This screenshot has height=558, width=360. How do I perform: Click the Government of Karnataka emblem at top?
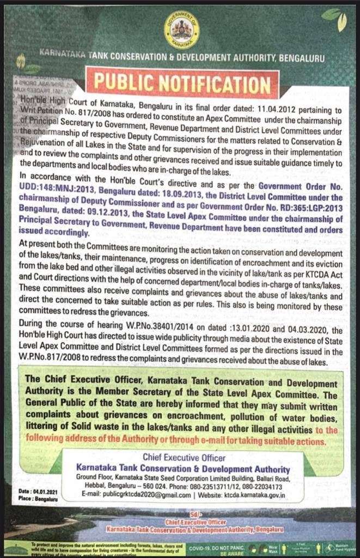[181, 30]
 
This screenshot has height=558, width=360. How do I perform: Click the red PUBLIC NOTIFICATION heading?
[181, 83]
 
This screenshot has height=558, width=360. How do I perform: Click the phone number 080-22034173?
[260, 487]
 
